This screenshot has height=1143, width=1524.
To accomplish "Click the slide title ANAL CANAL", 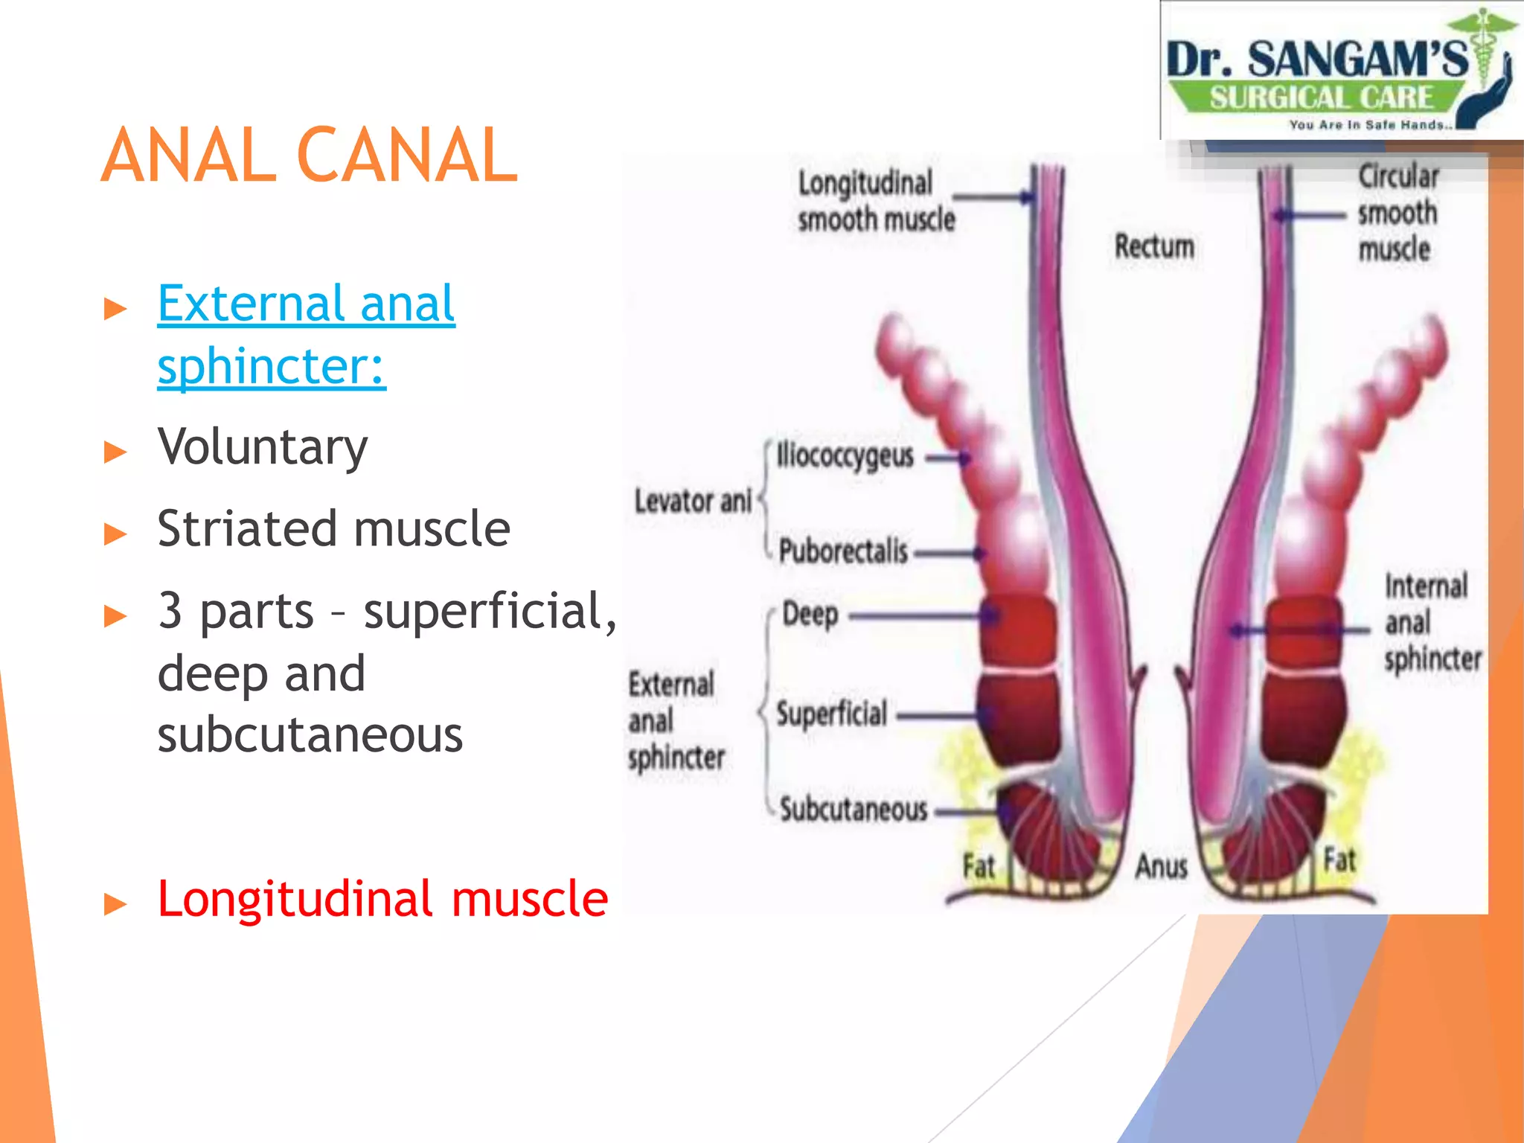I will click(309, 156).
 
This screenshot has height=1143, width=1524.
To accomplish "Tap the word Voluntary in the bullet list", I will click(263, 447).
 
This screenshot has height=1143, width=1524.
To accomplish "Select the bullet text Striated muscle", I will click(333, 529).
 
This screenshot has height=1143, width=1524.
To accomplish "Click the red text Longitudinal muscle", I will click(382, 899).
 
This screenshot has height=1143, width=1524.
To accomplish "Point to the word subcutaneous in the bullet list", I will click(310, 735).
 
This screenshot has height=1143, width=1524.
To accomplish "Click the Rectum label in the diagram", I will click(1154, 246).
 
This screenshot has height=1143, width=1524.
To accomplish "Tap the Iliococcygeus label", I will click(845, 455).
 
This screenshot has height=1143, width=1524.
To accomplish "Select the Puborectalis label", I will click(843, 551).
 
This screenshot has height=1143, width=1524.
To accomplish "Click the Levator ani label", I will click(693, 502).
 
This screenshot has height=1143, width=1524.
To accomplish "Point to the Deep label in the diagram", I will click(810, 615).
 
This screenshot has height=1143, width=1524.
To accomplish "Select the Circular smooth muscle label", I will click(1397, 213).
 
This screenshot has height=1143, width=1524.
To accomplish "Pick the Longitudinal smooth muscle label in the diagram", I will click(875, 201).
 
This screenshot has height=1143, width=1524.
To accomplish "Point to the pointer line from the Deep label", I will click(915, 616).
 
